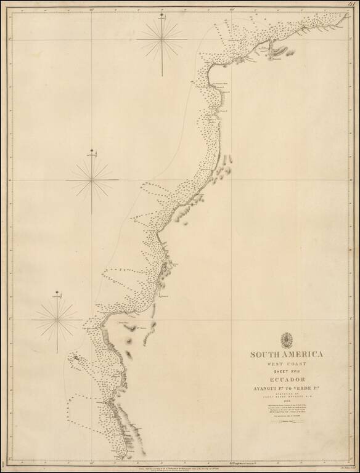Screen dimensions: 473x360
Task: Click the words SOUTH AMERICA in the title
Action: click(287, 354)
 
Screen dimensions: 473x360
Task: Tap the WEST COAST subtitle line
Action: click(287, 364)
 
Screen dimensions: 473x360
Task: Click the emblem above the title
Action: click(287, 339)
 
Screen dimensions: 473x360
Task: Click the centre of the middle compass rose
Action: click(92, 179)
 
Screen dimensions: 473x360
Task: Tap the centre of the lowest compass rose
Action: click(57, 318)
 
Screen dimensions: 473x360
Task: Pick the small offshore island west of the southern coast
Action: click(75, 357)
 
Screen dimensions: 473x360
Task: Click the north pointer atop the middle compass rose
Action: click(92, 152)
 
